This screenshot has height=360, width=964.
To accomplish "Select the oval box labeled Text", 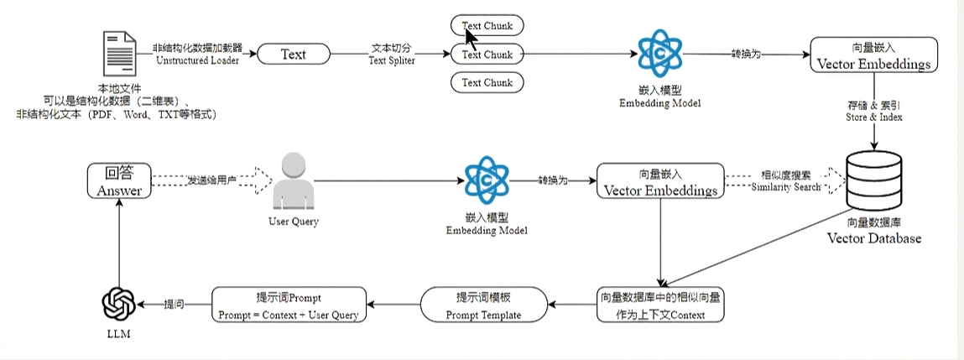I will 293,55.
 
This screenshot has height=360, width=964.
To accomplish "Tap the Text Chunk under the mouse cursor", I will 487,25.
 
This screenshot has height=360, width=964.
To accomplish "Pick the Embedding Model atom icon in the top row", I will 659,53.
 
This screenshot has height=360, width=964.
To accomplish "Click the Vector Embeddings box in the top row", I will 873,55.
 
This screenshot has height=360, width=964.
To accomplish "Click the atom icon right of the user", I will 487,180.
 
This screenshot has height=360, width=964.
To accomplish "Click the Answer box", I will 119,180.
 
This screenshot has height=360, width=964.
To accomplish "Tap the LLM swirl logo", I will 118,303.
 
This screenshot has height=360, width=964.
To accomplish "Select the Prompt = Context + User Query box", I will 289,305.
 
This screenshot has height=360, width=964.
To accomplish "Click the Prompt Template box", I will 482,305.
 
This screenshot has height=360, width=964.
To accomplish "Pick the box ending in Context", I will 661,305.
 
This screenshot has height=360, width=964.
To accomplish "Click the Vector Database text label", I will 873,238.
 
